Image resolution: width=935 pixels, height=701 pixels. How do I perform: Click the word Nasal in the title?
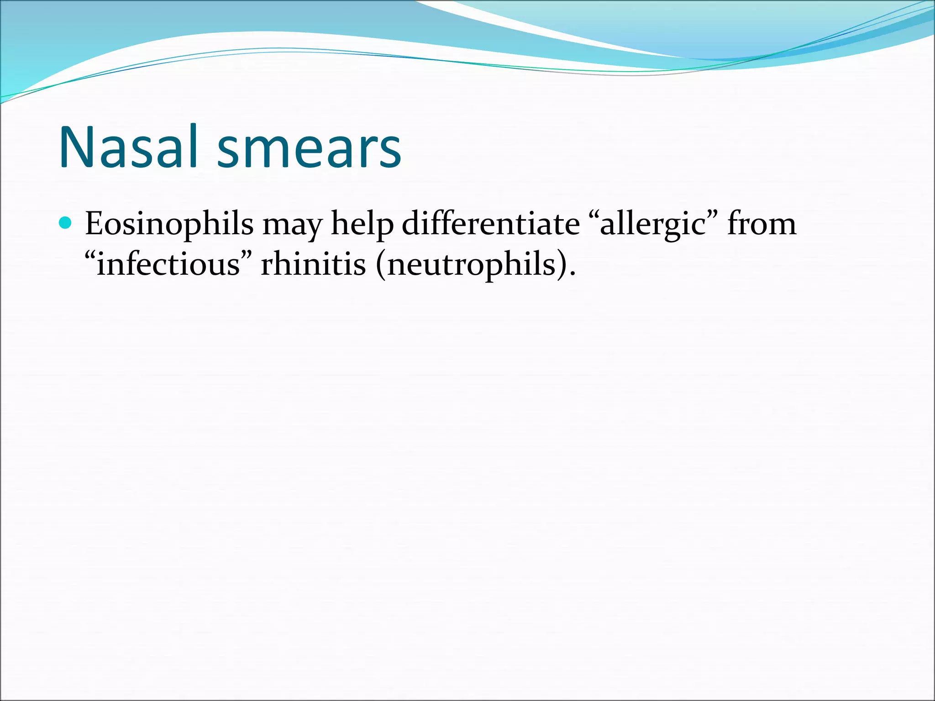(131, 147)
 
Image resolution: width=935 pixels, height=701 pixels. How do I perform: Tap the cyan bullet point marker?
(66, 223)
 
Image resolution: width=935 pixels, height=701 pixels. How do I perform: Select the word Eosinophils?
(169, 224)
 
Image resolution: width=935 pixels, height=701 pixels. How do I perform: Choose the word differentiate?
(491, 224)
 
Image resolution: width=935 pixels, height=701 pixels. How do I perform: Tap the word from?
(762, 224)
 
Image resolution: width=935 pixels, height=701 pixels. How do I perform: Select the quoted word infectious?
(168, 264)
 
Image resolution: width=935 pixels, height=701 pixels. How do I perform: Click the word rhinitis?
(313, 264)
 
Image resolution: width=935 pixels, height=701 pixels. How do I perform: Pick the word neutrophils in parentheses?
(472, 265)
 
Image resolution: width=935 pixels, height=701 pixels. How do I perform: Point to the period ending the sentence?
(573, 274)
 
